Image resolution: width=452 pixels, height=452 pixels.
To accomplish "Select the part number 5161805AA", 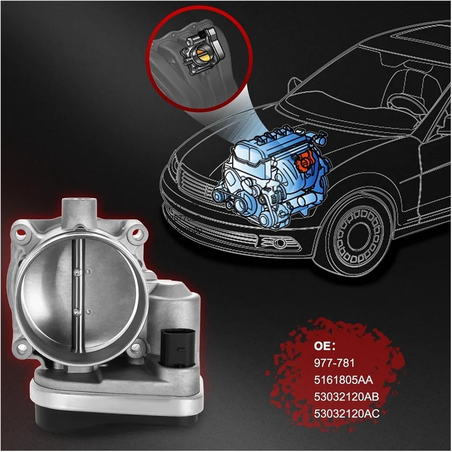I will pyautogui.click(x=343, y=380).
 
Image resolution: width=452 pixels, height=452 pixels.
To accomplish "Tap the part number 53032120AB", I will pyautogui.click(x=346, y=396).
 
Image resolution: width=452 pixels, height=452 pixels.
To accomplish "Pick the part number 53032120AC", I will pyautogui.click(x=347, y=413).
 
